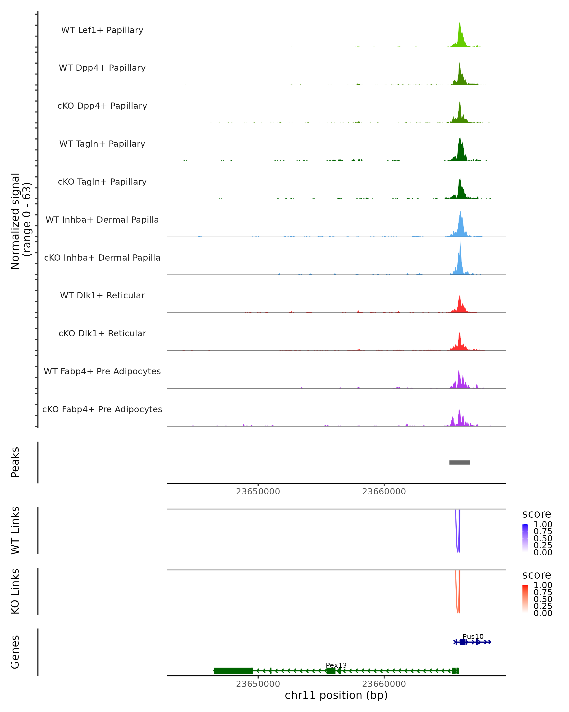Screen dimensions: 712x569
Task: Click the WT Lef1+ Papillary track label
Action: click(x=102, y=30)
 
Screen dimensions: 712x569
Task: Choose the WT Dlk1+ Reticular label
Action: click(x=102, y=295)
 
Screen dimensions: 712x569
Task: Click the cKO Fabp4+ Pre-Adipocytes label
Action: click(x=102, y=409)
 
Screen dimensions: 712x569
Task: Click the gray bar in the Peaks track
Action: click(x=459, y=462)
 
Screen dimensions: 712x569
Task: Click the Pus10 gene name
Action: click(x=473, y=636)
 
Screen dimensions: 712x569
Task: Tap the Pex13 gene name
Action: click(x=336, y=665)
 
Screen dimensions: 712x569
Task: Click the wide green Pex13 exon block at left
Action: click(x=233, y=671)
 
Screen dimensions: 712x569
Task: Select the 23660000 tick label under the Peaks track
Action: click(x=384, y=492)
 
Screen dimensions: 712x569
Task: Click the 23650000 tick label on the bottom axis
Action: click(x=258, y=684)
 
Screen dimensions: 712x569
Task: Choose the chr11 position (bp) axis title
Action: click(x=336, y=695)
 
